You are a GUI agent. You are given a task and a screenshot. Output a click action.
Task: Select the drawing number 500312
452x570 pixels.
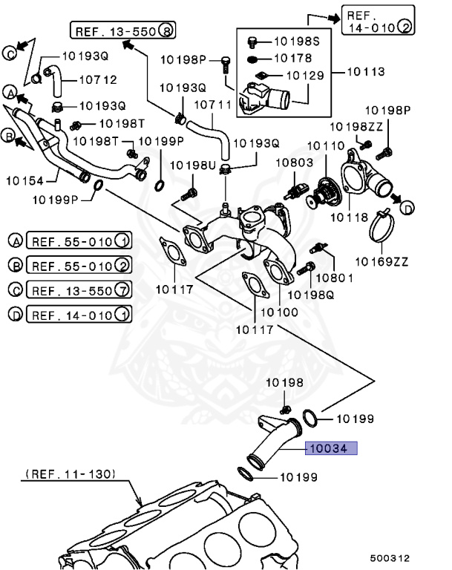pyautogui.click(x=390, y=558)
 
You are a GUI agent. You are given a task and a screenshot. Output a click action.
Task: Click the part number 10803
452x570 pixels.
pyautogui.click(x=290, y=161)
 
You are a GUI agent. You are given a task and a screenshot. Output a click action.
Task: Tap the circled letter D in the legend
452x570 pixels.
pyautogui.click(x=15, y=315)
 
